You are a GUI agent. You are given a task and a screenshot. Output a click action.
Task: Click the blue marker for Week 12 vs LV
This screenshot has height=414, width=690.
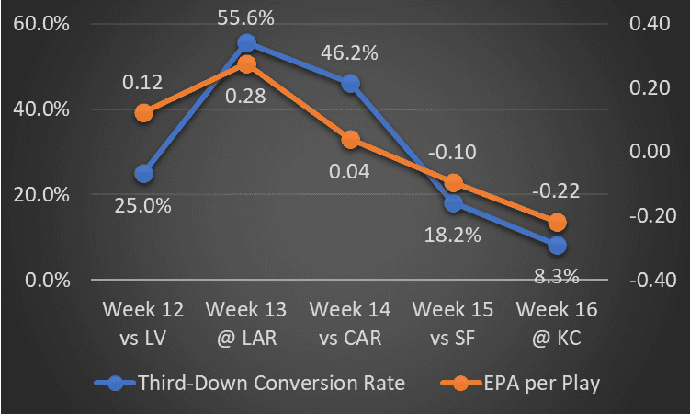tap(143, 173)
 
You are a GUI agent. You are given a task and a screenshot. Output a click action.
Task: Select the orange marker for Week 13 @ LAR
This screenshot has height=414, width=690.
tap(246, 64)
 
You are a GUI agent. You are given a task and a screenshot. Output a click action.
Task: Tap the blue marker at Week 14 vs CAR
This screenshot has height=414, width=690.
tap(350, 84)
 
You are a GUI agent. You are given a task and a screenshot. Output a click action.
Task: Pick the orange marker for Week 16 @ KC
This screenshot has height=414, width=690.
tap(557, 223)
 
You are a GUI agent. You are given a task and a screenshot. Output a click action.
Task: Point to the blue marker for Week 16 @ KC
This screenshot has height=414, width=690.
tap(557, 245)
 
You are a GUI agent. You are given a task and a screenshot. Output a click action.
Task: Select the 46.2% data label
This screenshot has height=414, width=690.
tap(350, 52)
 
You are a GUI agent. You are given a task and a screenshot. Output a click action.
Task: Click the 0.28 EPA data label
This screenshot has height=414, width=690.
tap(246, 97)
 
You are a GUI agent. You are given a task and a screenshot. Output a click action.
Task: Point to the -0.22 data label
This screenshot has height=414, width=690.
tap(557, 190)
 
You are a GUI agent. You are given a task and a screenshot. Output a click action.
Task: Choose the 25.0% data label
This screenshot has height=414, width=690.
tap(143, 205)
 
